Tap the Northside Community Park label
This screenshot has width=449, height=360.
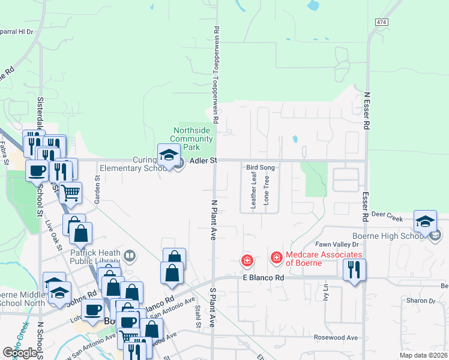[x=194, y=139]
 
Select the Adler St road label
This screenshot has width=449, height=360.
[x=203, y=161]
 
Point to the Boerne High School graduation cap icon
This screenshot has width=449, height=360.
[x=425, y=222]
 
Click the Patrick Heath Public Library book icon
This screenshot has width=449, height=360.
[x=129, y=257]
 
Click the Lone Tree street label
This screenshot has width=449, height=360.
[x=266, y=188]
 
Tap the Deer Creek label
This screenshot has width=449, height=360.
[x=387, y=214]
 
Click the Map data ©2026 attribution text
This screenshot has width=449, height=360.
[x=423, y=355]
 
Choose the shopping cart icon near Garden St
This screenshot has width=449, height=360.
[x=71, y=193]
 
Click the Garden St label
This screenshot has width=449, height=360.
[x=97, y=187]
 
